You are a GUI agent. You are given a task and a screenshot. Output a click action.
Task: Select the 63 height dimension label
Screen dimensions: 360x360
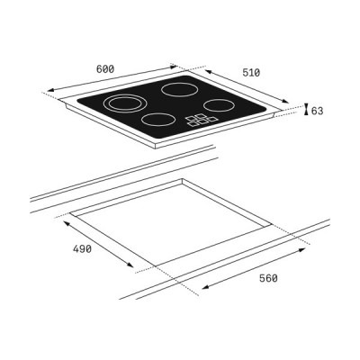[318, 111]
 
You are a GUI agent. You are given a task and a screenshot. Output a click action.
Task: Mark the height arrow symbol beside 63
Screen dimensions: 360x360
[306, 110]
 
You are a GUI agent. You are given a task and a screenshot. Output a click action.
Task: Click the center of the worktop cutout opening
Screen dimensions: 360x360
[171, 220]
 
